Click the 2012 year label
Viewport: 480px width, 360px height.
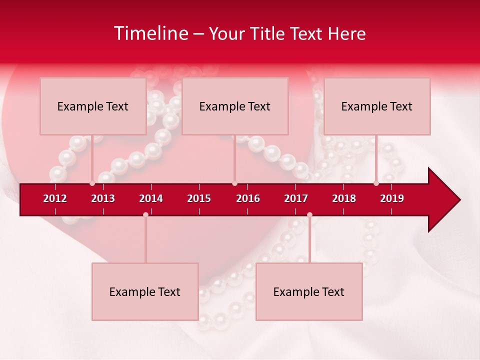(55, 198)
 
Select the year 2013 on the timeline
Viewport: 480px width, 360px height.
(103, 198)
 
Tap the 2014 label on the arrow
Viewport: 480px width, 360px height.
(151, 198)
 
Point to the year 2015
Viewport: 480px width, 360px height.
(199, 198)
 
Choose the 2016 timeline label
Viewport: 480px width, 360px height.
(248, 198)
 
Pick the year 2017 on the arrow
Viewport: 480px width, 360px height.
(296, 198)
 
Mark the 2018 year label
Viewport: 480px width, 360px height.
(344, 198)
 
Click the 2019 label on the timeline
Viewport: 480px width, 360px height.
(392, 198)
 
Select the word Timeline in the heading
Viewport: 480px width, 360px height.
(150, 33)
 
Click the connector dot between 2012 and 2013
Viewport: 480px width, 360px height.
(92, 183)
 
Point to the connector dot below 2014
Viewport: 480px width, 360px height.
(145, 214)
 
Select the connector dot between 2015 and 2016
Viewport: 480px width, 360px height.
(234, 183)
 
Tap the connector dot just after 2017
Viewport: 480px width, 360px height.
(309, 214)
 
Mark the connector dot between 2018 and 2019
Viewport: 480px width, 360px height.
(376, 183)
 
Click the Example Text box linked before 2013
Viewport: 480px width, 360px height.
(93, 106)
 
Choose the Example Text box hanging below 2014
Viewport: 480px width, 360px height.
(145, 291)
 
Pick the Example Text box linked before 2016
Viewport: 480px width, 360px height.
(235, 106)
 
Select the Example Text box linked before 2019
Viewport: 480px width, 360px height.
(377, 106)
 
